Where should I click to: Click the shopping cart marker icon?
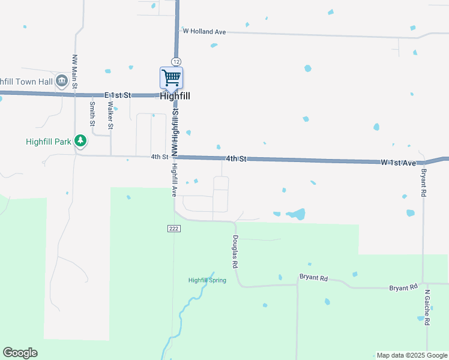pos(172,78)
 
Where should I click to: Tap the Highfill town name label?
pos(175,95)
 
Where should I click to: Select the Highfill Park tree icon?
pos(80,142)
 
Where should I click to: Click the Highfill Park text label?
pos(49,142)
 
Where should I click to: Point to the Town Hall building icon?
pos(61,81)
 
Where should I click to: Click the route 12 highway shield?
pos(175,61)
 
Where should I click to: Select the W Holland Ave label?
pos(204,31)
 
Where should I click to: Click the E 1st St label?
pos(118,95)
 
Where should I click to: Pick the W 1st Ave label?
pos(398,163)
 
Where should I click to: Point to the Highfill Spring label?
pos(207,280)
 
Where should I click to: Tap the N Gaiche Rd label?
pos(427,308)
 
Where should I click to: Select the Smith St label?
pos(92,114)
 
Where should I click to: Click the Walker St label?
pos(110,114)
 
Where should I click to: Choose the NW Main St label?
pos(75,73)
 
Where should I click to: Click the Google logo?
pos(20,353)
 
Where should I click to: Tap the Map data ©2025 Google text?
pos(411,355)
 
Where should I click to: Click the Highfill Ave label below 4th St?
pos(174,180)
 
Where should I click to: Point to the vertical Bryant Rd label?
pos(423,183)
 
